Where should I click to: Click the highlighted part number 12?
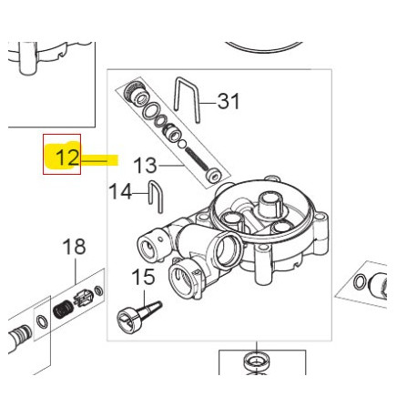[63, 157]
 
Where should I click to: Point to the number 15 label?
[143, 276]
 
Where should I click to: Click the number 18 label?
[74, 246]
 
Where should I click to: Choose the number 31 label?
[228, 101]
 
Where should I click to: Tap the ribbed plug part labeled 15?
[136, 314]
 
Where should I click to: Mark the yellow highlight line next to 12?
[103, 159]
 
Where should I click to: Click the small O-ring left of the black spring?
[42, 320]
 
